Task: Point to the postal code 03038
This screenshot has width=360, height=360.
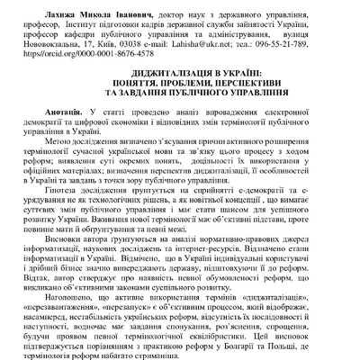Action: [143, 43]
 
